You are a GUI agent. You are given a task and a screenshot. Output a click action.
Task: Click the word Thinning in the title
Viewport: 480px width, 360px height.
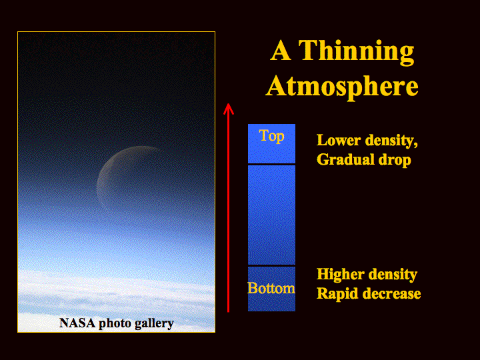356,52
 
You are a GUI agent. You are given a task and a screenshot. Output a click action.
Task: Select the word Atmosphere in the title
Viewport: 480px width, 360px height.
342,87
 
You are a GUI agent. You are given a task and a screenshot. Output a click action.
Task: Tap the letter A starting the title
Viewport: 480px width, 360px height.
281,51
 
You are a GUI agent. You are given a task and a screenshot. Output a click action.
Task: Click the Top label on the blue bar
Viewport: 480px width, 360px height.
271,136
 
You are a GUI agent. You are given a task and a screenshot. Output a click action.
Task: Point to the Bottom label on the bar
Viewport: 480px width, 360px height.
271,288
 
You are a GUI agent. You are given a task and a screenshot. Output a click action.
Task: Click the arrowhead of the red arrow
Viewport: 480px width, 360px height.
229,108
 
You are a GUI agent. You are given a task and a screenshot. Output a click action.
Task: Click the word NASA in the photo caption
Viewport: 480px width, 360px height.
77,323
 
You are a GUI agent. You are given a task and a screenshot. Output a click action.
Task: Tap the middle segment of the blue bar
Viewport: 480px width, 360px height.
271,215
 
